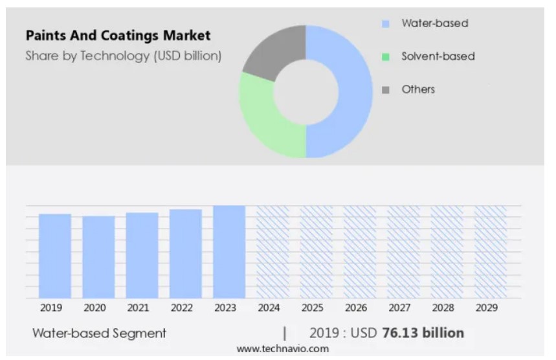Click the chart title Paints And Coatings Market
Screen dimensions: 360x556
(x=118, y=36)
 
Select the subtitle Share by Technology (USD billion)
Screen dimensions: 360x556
(x=123, y=56)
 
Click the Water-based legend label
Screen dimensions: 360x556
(x=434, y=23)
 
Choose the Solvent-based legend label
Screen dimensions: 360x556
(x=438, y=56)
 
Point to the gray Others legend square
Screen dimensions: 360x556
(x=386, y=90)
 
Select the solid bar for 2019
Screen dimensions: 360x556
(x=55, y=256)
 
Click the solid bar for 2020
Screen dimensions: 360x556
(x=98, y=257)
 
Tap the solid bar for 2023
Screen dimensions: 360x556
(x=229, y=252)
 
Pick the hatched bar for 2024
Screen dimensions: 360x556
(x=272, y=252)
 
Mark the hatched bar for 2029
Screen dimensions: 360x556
(x=491, y=252)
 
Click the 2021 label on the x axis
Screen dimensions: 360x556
(x=138, y=308)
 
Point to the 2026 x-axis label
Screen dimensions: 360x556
(x=355, y=308)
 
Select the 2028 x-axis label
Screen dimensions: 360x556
(x=443, y=308)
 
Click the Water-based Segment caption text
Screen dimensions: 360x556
(x=99, y=333)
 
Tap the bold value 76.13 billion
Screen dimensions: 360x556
(x=423, y=333)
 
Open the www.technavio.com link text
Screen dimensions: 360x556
(x=282, y=349)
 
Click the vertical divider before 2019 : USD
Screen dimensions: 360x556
(x=285, y=333)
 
